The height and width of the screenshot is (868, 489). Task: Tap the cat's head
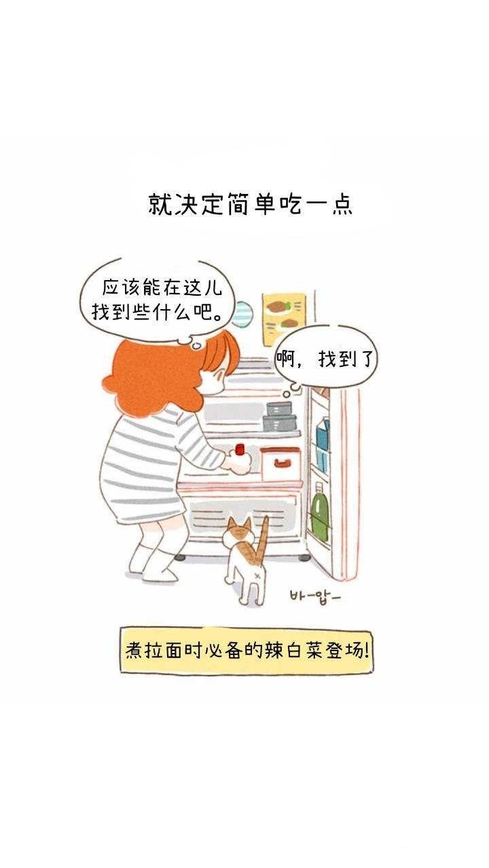(x=238, y=533)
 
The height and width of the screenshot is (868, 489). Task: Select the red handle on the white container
(x=282, y=462)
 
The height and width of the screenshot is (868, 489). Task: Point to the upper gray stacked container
(x=279, y=408)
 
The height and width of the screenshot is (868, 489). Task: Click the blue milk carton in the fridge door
(x=322, y=434)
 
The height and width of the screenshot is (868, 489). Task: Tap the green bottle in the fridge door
(x=319, y=512)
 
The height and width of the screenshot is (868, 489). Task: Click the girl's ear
(x=219, y=375)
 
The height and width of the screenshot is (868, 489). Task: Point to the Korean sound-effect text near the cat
(x=314, y=596)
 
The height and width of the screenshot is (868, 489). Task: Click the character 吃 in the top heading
(x=290, y=204)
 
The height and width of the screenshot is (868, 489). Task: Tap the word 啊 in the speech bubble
(x=286, y=359)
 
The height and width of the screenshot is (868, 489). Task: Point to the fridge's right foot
(x=305, y=557)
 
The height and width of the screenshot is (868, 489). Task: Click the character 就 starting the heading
(x=160, y=204)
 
